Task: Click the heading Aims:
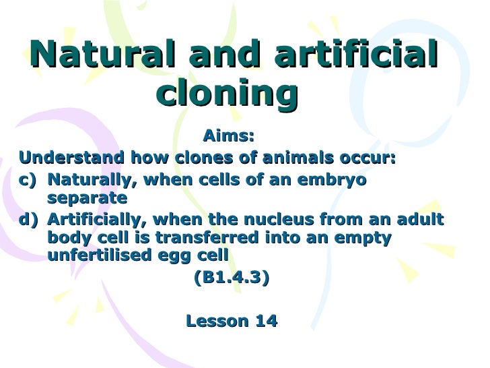pyautogui.click(x=229, y=137)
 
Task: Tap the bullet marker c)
pyautogui.click(x=30, y=180)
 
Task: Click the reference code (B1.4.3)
pyautogui.click(x=231, y=278)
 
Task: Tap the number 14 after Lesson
pyautogui.click(x=264, y=321)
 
